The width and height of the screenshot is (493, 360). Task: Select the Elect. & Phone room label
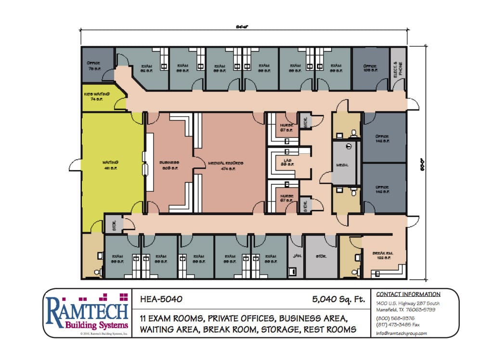click(x=398, y=67)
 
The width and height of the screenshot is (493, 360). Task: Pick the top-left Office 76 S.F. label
click(x=93, y=66)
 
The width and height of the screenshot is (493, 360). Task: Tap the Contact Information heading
click(x=408, y=294)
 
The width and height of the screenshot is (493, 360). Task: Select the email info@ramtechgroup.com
click(x=402, y=333)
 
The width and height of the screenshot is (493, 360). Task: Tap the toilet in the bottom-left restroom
click(x=97, y=272)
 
